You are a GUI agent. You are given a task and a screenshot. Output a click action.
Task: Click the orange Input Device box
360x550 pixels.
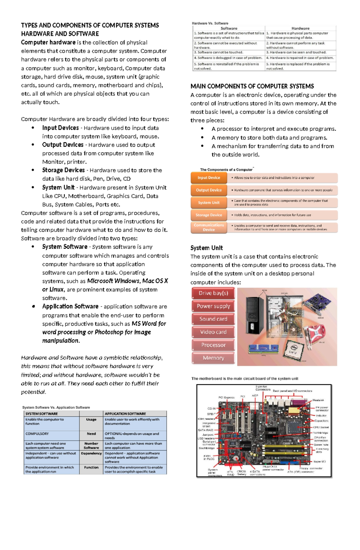[x=208, y=178]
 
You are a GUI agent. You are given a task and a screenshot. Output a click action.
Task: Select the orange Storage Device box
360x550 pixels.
[x=208, y=215]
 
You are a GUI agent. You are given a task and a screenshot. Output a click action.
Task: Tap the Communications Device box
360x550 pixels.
[x=208, y=227]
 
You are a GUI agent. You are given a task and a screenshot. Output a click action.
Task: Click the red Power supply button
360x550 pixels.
[x=213, y=306]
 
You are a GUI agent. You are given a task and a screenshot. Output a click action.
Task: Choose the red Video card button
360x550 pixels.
[x=213, y=332]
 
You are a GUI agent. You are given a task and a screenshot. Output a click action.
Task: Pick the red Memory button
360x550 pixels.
[x=213, y=358]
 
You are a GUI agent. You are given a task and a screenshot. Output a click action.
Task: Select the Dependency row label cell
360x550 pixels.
[x=91, y=453]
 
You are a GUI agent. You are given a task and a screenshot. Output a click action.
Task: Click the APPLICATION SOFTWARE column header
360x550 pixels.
[x=125, y=414]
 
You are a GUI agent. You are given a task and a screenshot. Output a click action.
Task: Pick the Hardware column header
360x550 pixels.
[x=300, y=28]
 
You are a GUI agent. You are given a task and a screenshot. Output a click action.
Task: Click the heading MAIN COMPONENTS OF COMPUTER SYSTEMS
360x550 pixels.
[x=252, y=86]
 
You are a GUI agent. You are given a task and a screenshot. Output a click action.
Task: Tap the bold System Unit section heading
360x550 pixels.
[x=206, y=248]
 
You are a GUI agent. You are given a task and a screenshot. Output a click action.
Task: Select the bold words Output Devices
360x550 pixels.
[x=63, y=145]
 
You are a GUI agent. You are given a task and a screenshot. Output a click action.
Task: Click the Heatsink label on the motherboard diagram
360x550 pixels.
[x=318, y=400]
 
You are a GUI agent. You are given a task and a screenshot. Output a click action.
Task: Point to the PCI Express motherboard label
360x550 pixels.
[x=226, y=397]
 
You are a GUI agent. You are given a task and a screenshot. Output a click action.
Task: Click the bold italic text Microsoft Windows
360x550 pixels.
[x=113, y=281]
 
